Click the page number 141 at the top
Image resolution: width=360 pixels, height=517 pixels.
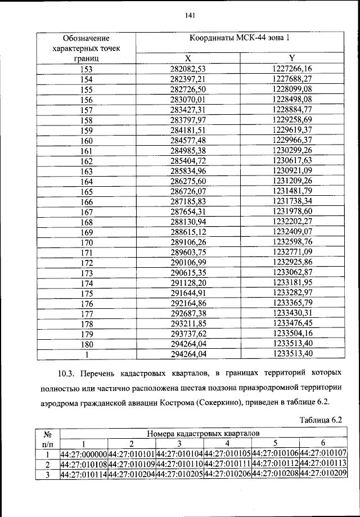click(x=190, y=16)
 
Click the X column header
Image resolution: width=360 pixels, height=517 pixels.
click(x=189, y=59)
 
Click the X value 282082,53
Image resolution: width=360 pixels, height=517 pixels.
click(x=189, y=69)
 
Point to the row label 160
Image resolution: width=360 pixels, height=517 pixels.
click(x=86, y=141)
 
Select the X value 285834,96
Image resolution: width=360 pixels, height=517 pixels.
click(x=189, y=171)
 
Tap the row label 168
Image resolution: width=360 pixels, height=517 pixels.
click(x=86, y=222)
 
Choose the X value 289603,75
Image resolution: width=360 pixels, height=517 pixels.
click(x=189, y=253)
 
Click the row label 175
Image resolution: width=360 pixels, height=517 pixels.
click(x=86, y=293)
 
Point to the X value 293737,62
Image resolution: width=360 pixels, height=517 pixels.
click(x=189, y=334)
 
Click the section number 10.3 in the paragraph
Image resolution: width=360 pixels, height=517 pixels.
click(x=66, y=372)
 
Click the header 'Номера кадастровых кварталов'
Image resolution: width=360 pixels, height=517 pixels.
click(x=204, y=434)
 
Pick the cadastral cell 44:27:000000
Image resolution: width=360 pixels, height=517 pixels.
click(x=83, y=454)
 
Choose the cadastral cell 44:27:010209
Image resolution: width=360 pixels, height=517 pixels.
click(x=323, y=474)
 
